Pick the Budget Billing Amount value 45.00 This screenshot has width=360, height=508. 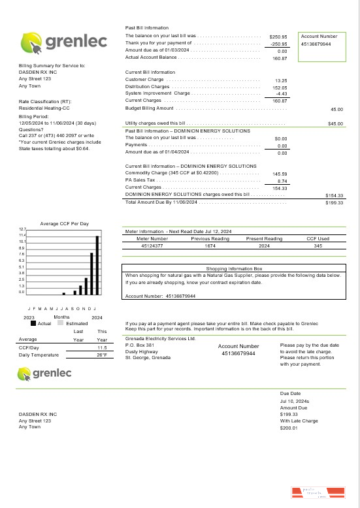coord(336,110)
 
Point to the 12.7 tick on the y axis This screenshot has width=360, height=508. coord(22,229)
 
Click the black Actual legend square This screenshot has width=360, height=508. coord(33,323)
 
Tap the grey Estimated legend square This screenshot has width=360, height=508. coord(60,323)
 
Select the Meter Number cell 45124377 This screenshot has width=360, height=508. coord(152,246)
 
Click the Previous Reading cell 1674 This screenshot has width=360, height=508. coord(210,246)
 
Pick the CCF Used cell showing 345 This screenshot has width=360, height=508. coord(318,246)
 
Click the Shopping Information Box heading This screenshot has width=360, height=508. coord(234,268)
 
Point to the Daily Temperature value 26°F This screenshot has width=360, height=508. coord(102,355)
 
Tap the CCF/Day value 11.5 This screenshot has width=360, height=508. coord(102,347)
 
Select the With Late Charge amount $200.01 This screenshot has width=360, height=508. coord(288,428)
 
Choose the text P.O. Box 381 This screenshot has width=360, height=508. coord(139,345)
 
